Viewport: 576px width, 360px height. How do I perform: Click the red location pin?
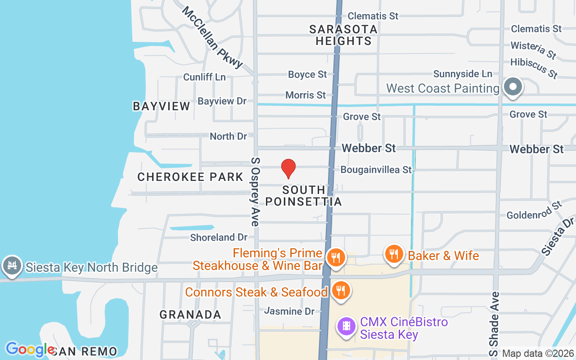coord(288,169)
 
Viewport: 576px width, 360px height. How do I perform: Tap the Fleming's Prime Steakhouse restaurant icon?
coord(336,258)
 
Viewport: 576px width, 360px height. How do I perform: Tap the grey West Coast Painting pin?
coord(512,87)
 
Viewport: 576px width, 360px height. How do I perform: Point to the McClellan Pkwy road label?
coord(212,37)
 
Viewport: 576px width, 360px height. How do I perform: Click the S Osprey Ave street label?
coord(255,191)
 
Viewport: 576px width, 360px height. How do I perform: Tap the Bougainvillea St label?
coord(376,170)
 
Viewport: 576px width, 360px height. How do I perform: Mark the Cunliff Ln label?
coord(204,77)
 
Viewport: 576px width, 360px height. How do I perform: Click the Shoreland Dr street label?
coord(219,237)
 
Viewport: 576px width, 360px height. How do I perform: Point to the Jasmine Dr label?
coord(289,311)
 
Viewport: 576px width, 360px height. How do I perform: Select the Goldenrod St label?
coord(534,211)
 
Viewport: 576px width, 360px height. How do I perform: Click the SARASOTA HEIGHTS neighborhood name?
coord(343,35)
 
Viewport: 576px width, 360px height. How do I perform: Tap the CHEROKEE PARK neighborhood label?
coord(190,177)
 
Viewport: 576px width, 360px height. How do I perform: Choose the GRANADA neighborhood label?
coord(190,315)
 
